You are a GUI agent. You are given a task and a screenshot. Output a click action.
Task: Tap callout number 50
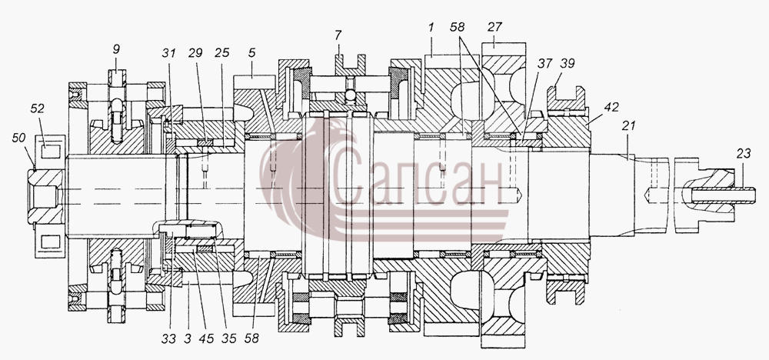19,138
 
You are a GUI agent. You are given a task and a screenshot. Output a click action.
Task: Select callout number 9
116,49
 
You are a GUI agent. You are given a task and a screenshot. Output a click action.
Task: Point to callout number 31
168,53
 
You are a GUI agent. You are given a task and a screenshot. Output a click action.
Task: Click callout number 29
195,53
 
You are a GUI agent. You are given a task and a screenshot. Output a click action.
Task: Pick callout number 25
221,53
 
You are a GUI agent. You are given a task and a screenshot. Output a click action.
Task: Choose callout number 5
251,53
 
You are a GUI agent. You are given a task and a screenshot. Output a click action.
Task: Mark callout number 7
338,35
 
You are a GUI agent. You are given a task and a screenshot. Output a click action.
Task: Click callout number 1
431,28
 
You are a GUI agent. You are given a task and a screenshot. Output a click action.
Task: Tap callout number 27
494,28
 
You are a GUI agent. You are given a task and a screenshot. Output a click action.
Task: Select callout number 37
544,63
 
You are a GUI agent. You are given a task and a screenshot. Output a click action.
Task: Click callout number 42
611,108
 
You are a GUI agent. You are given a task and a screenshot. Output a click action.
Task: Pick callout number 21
628,125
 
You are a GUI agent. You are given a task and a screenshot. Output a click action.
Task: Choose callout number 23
743,154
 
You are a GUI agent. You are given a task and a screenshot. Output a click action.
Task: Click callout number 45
206,338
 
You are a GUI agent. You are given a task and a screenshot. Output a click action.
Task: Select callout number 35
228,338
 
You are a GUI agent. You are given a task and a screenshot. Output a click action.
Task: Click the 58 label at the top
457,28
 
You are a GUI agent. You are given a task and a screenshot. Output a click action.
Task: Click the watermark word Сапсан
418,180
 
